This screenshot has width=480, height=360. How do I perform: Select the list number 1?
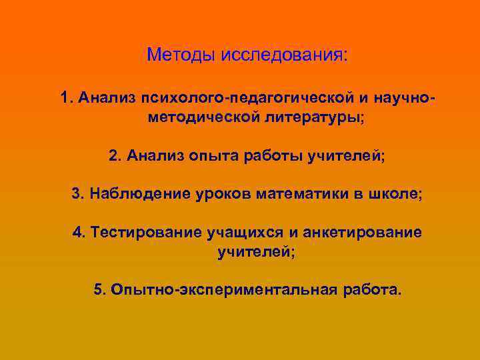64,99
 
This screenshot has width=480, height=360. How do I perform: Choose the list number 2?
113,156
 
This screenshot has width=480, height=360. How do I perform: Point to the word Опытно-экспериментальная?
234,290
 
